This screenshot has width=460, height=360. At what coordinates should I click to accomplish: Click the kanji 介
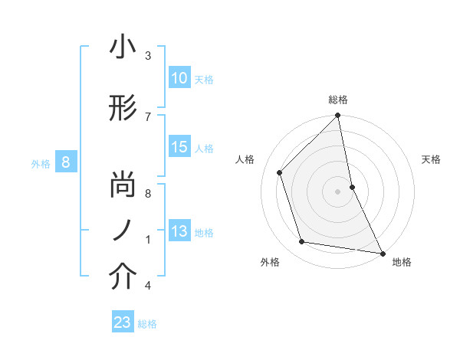tap(123, 277)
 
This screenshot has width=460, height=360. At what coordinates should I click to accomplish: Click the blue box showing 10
tap(179, 78)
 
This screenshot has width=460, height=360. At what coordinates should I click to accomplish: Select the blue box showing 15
tap(179, 147)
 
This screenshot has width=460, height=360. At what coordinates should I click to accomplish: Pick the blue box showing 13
tap(179, 231)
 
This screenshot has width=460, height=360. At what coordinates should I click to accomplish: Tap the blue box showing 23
tap(123, 322)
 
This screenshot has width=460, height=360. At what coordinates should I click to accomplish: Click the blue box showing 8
tap(66, 162)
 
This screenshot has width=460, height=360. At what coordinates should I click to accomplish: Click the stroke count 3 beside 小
tap(148, 56)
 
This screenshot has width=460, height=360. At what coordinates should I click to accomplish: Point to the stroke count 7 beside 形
tap(148, 116)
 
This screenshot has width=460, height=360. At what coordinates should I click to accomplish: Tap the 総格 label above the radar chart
tap(337, 100)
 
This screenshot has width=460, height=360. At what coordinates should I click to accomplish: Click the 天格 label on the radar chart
tap(431, 159)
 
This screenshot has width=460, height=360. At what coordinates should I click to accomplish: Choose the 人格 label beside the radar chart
tap(245, 159)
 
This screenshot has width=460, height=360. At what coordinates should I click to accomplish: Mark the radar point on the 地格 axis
tap(381, 253)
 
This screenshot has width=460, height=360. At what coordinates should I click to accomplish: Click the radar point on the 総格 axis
tap(337, 116)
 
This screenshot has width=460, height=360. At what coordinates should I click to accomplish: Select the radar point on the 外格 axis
tap(302, 242)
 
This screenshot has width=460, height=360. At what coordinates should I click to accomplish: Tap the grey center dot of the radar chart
tap(337, 191)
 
